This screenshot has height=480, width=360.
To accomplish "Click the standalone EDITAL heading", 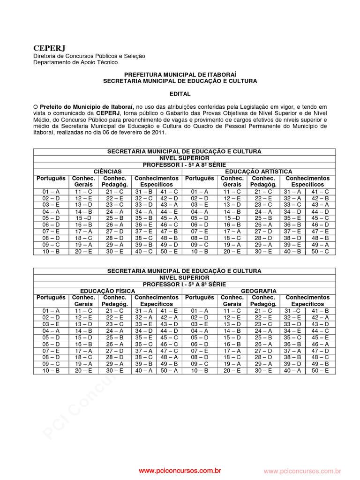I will (180, 94).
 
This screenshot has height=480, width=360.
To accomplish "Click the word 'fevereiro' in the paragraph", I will (126, 133).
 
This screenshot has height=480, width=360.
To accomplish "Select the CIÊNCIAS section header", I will (107, 172).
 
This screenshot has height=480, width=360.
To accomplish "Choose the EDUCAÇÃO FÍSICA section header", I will (107, 291).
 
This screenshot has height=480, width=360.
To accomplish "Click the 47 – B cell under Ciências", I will (169, 231).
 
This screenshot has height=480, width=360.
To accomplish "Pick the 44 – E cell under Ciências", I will (169, 211).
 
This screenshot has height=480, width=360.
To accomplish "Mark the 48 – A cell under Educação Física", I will (169, 357).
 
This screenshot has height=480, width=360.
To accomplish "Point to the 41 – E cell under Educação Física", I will (169, 311).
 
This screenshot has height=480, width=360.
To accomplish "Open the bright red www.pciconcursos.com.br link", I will (180, 470).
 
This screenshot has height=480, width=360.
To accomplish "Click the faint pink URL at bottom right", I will (302, 471).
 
